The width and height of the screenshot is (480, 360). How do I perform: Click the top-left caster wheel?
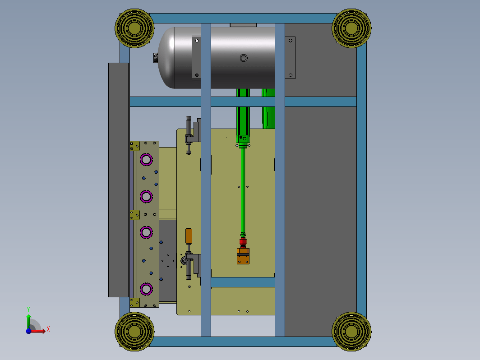[134, 28]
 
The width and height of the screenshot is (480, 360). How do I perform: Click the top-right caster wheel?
[351, 28]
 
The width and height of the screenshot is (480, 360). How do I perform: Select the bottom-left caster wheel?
[134, 332]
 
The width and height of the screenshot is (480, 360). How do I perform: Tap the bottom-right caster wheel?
[351, 332]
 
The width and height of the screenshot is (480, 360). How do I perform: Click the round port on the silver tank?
[244, 58]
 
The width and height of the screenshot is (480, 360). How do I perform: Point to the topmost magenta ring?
[146, 160]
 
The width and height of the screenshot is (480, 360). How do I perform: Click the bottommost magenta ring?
[146, 289]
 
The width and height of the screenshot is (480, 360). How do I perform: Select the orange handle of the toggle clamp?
[189, 236]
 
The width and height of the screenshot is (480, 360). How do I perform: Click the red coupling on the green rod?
[243, 242]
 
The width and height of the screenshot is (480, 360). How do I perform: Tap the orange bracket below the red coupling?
[243, 256]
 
